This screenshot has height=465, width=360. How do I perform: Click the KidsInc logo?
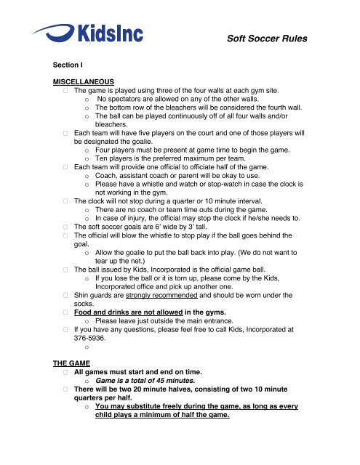(87, 33)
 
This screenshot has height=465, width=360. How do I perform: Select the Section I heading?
(61, 63)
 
